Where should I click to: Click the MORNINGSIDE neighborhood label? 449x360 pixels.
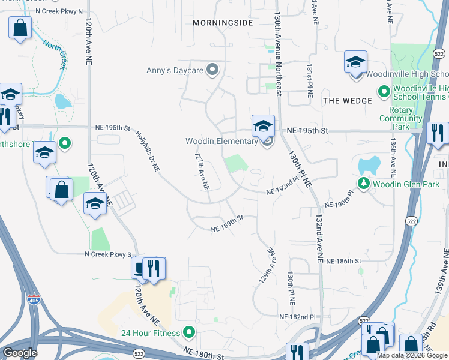pos(223,22)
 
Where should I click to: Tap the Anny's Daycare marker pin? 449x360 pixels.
pos(212,70)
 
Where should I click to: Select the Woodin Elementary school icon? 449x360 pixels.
pos(263,127)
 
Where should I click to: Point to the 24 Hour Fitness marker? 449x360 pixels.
pos(189,332)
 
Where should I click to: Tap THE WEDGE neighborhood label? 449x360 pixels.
pos(348,101)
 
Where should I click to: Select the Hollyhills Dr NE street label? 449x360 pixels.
pos(147,152)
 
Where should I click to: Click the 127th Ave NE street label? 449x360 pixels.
pos(200,170)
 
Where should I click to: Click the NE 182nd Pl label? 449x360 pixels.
pos(297,316)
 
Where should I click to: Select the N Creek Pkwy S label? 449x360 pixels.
pos(107,255)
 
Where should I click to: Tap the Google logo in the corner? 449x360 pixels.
pos(20,353)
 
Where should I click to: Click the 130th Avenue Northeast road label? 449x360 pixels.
pos(278,54)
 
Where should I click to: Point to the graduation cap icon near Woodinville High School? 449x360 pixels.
pos(355,62)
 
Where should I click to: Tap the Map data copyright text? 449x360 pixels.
pos(412,355)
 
